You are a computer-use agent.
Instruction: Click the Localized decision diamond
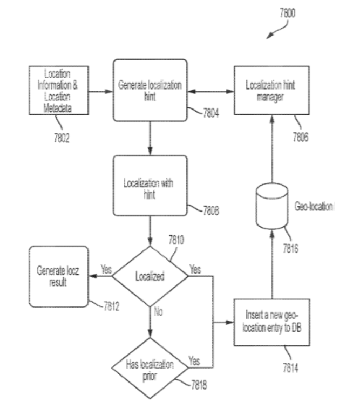point(150,276)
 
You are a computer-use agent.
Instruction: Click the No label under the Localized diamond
point(158,311)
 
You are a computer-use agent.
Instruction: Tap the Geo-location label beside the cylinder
point(313,206)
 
